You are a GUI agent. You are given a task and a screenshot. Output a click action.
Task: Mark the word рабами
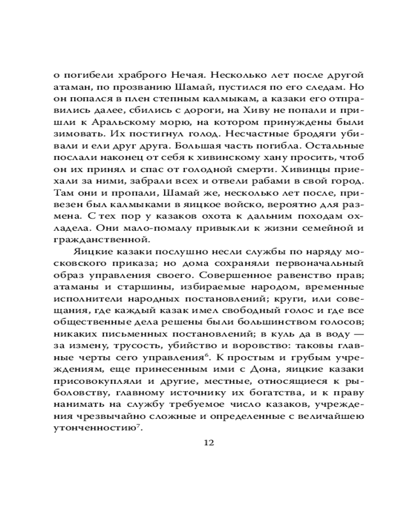point(274,185)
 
